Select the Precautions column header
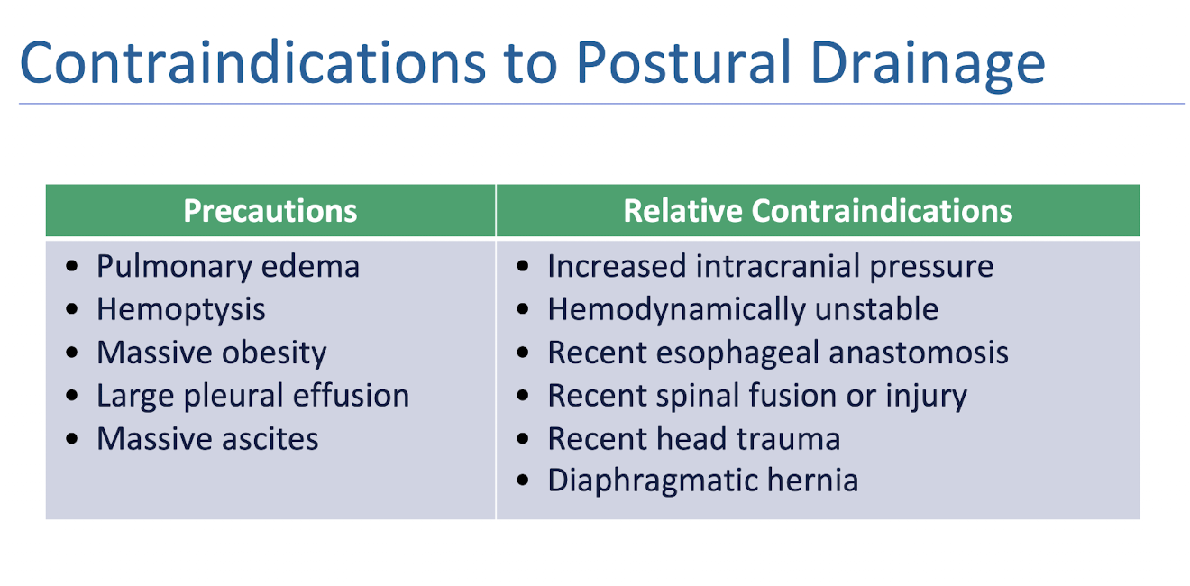270,211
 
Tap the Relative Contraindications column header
818,211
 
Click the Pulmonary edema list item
228,267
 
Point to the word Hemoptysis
181,310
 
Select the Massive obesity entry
212,353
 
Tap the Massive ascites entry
207,439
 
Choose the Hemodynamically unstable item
743,310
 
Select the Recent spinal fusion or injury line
757,396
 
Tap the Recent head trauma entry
694,439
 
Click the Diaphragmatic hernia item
702,481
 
